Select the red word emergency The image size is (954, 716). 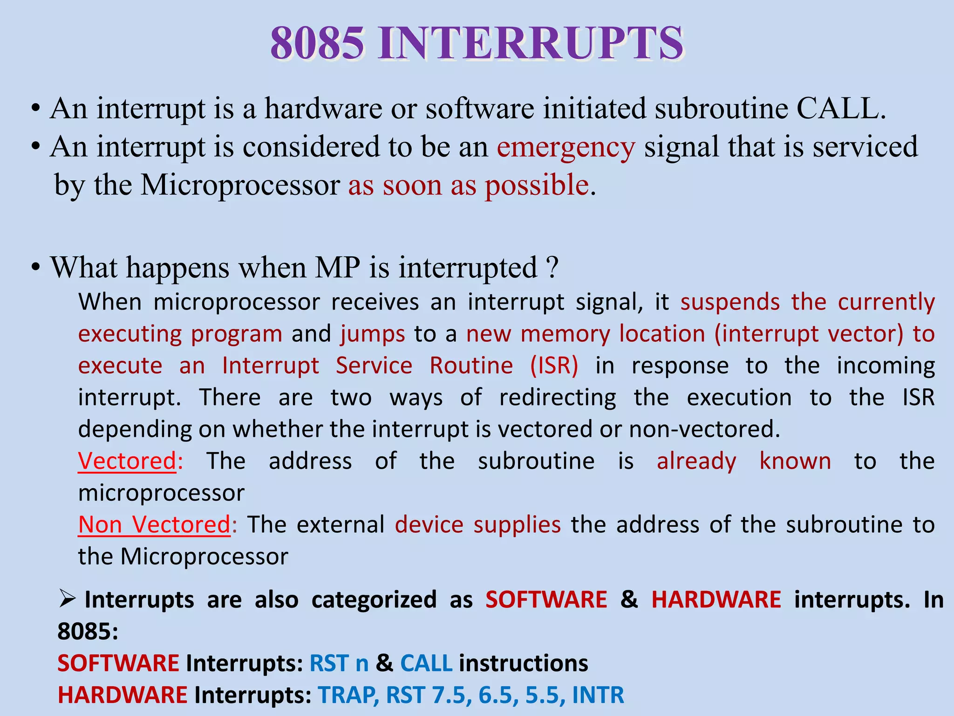point(566,147)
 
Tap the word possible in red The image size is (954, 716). point(537,186)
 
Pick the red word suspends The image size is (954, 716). point(730,302)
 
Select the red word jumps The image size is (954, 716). point(373,334)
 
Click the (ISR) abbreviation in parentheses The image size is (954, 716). point(554,365)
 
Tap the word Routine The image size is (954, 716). point(471,365)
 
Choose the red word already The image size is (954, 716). point(696,461)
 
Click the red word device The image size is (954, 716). point(429,525)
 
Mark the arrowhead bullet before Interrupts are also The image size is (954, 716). point(68,598)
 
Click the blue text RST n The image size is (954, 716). point(339,663)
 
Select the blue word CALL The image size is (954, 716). point(426,663)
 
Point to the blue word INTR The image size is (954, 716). point(598,695)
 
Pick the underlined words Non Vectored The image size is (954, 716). point(154,525)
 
